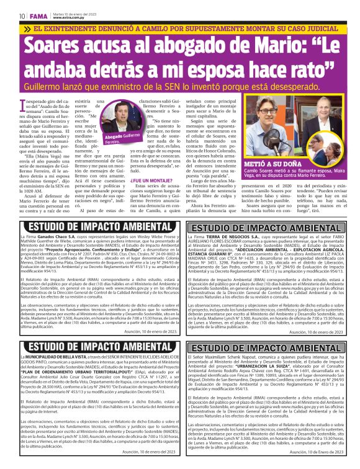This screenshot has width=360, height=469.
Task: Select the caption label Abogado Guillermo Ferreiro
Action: point(140,139)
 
